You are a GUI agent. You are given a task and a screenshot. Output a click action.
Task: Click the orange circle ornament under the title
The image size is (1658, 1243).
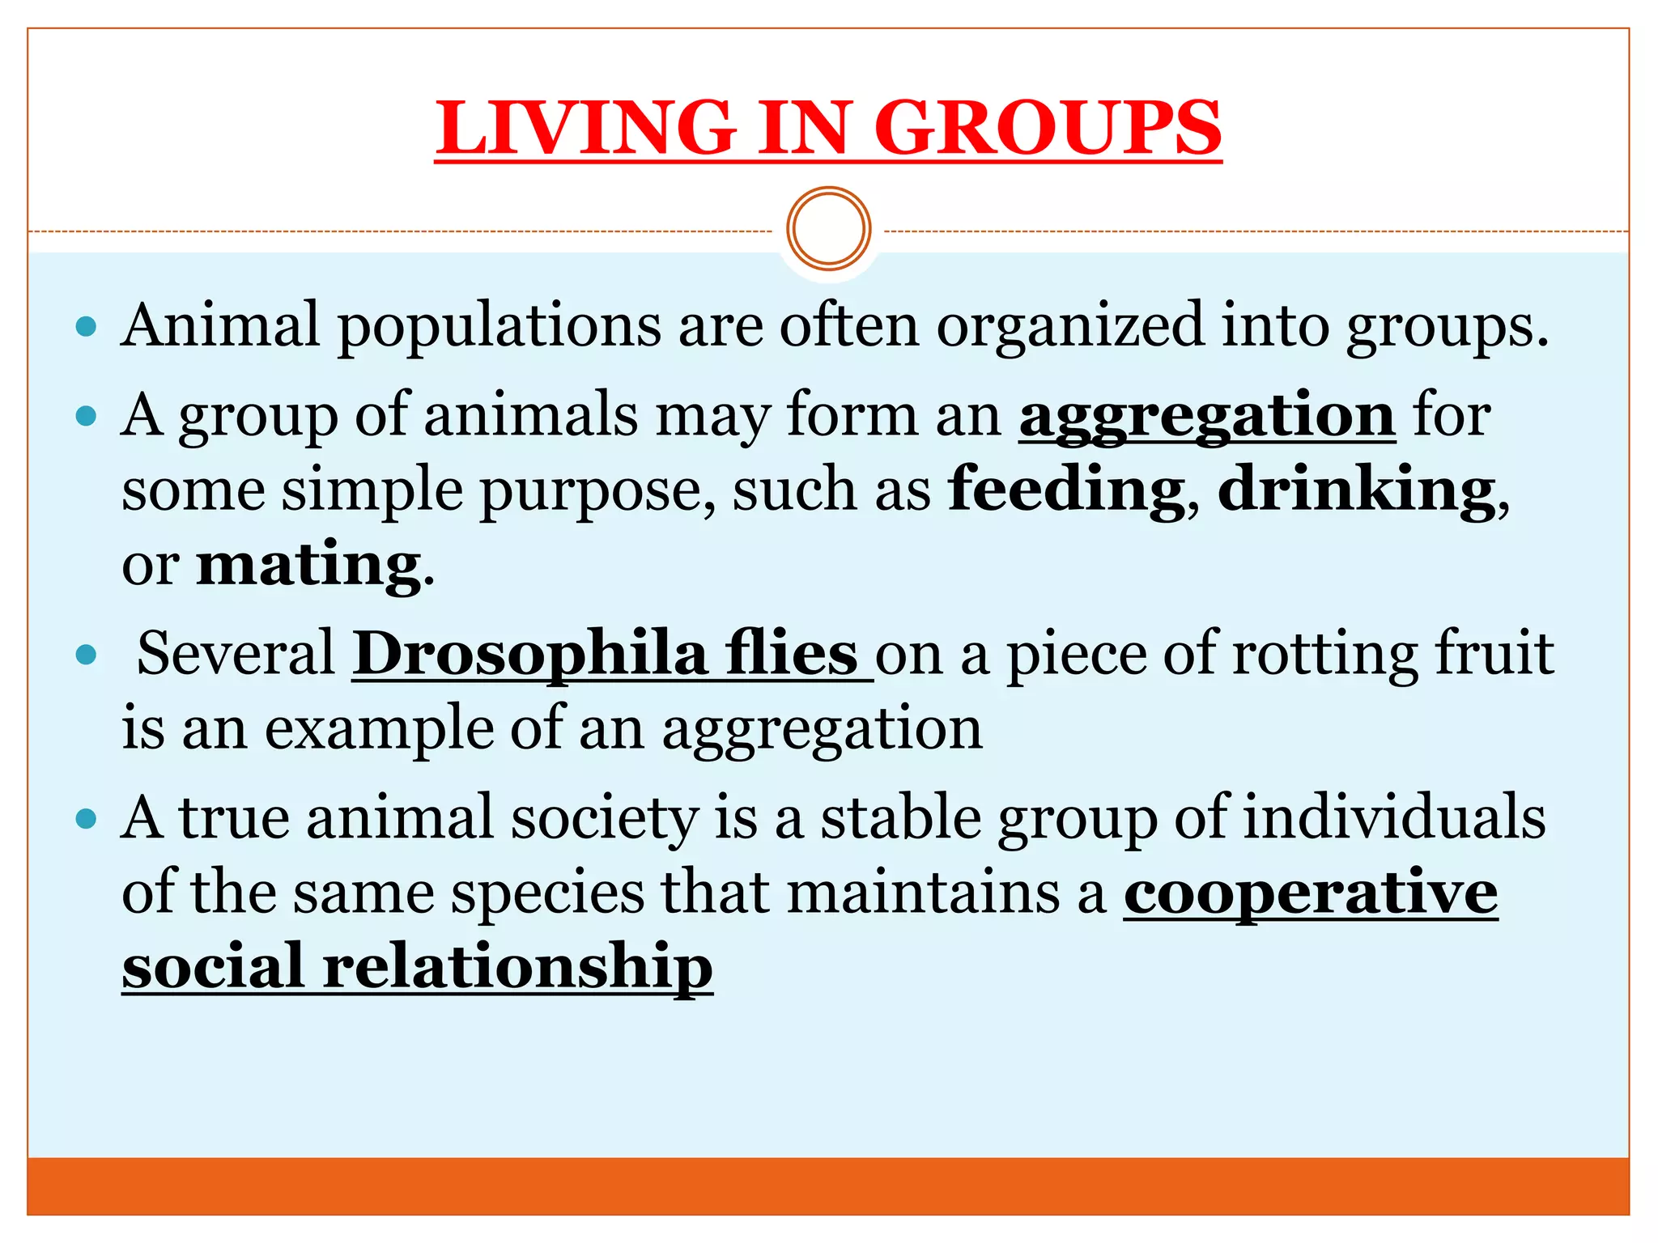(828, 228)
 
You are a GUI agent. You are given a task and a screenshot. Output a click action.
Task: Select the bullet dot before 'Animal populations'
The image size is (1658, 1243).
(86, 327)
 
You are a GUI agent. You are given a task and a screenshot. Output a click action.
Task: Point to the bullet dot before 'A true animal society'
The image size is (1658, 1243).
(86, 820)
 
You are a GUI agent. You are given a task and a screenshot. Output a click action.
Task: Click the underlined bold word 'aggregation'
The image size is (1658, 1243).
(1206, 416)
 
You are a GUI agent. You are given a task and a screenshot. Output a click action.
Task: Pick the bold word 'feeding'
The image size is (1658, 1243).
(1066, 490)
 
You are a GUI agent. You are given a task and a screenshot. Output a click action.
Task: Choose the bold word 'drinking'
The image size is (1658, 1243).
(1357, 490)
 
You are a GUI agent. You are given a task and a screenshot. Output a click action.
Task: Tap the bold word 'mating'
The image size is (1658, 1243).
(308, 564)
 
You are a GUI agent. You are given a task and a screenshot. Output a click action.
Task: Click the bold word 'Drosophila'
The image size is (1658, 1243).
(530, 654)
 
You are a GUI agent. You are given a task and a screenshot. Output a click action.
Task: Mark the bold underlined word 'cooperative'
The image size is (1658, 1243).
(1311, 893)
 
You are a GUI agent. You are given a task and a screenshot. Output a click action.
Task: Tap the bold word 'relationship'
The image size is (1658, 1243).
(517, 967)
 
